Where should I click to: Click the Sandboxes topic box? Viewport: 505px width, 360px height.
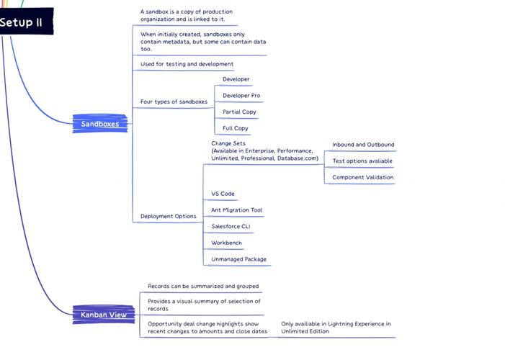point(100,124)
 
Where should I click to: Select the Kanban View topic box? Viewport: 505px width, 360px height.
point(104,315)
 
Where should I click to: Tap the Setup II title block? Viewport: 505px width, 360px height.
point(27,22)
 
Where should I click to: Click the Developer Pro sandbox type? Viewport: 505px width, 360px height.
point(241,96)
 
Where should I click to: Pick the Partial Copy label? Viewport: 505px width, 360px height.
point(239,112)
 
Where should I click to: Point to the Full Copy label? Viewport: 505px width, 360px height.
point(236,128)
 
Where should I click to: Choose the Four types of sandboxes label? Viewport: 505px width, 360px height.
point(174,102)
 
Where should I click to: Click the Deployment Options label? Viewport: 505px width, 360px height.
point(168,217)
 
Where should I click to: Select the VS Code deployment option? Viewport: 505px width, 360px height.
point(223,194)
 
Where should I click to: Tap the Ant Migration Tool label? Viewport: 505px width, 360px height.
point(237,210)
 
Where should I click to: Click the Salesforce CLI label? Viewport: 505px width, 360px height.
point(231,226)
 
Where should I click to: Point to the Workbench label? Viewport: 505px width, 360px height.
point(226,243)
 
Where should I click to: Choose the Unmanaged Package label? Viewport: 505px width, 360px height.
point(238,259)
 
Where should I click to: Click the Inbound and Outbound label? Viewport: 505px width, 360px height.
point(363,145)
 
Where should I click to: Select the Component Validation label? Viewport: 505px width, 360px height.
point(362,177)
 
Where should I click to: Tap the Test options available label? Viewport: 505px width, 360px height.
point(362,161)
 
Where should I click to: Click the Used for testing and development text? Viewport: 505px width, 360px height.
point(187,64)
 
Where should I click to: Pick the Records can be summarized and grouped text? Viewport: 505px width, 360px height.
point(203,287)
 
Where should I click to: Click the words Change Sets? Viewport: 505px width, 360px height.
point(228,143)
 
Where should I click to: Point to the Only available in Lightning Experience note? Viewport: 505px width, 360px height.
point(336,328)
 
